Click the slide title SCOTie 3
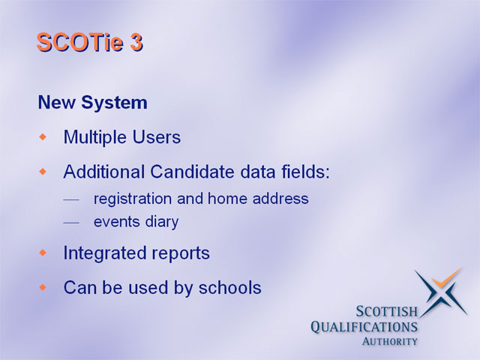(90, 42)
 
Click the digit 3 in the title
(136, 42)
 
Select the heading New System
(92, 103)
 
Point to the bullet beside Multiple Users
(43, 136)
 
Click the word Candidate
(193, 172)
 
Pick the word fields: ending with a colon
(306, 171)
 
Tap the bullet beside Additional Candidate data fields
(43, 172)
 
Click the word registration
(133, 199)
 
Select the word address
(280, 198)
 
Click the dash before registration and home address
(71, 200)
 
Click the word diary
(162, 222)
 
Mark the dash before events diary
(71, 223)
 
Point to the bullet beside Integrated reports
(43, 253)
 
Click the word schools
(230, 287)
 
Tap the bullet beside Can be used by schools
(43, 287)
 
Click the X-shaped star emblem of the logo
(441, 292)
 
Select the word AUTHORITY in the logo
(390, 341)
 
